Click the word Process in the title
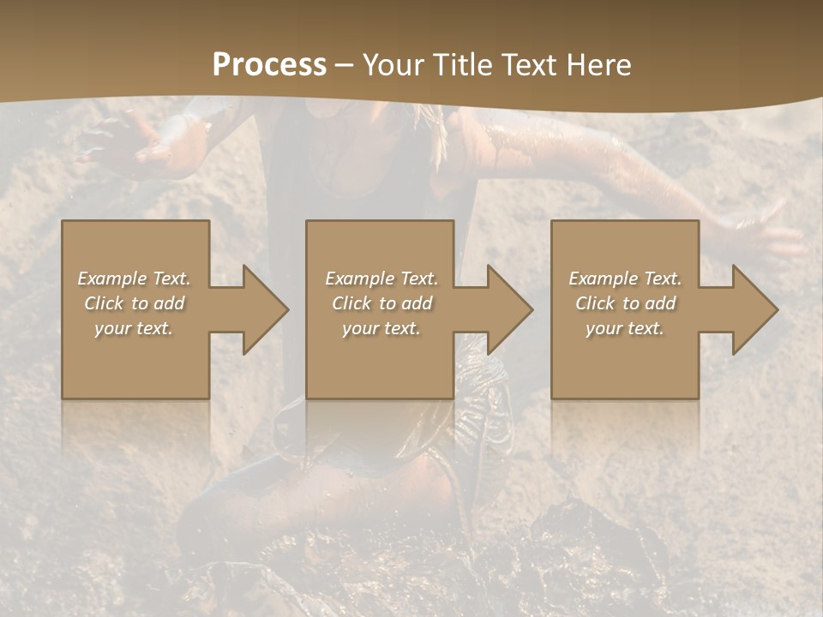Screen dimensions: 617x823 pyautogui.click(x=269, y=65)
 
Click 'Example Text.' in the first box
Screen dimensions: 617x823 pyautogui.click(x=134, y=279)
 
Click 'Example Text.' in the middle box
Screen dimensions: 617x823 pyautogui.click(x=381, y=279)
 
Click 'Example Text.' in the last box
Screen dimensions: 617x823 pyautogui.click(x=625, y=279)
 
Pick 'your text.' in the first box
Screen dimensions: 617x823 pyautogui.click(x=134, y=328)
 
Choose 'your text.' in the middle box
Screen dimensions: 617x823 pyautogui.click(x=381, y=328)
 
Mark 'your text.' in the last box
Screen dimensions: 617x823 pyautogui.click(x=625, y=328)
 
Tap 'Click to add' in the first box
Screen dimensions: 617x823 pyautogui.click(x=134, y=303)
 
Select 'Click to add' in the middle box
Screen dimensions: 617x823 pyautogui.click(x=381, y=303)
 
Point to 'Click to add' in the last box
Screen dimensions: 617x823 pyautogui.click(x=625, y=303)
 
